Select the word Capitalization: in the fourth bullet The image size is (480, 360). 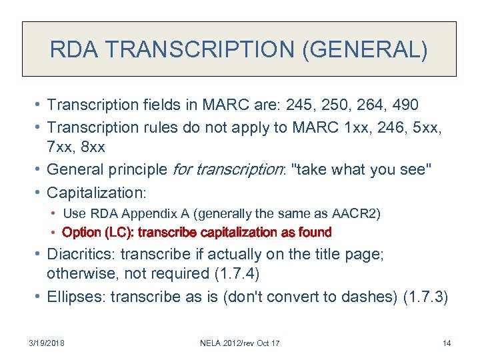(x=96, y=193)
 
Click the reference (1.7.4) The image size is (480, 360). (x=239, y=274)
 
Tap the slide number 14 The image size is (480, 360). (x=446, y=343)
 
